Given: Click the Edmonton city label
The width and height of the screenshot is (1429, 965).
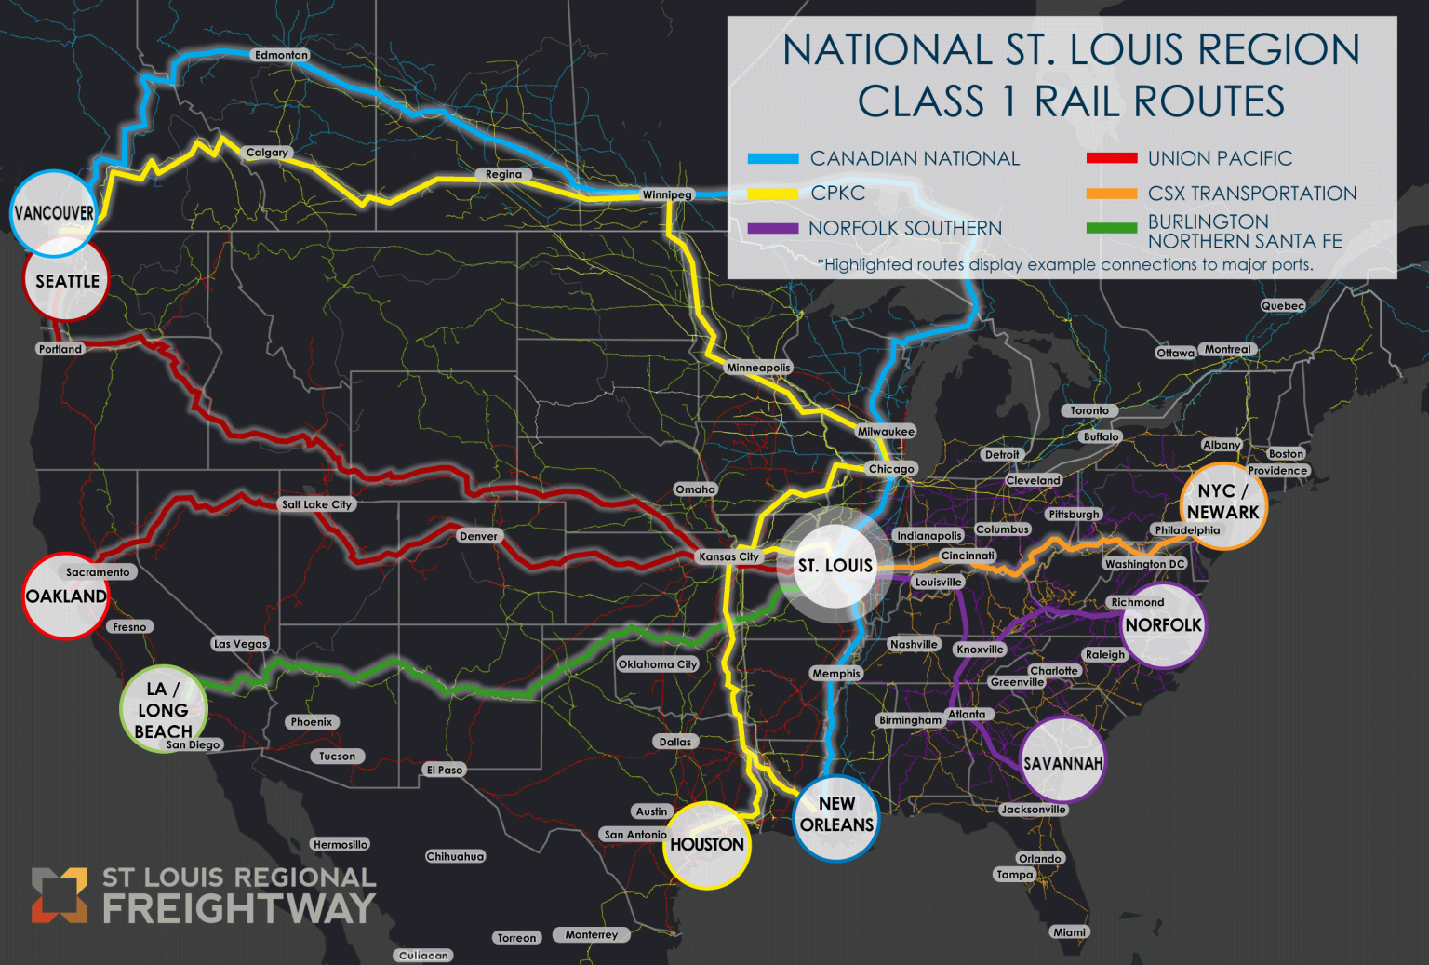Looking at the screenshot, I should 281,55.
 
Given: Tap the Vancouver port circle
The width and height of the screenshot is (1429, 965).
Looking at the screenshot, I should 54,213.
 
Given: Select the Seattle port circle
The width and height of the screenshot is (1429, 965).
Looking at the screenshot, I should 66,280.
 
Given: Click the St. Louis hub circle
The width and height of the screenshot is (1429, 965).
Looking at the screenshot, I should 835,565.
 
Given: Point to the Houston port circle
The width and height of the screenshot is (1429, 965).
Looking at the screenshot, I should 707,844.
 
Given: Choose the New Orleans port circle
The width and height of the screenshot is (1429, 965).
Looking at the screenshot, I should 836,816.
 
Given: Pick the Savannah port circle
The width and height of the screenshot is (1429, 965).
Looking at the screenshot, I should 1062,762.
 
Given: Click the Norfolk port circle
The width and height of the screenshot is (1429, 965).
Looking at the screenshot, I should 1163,625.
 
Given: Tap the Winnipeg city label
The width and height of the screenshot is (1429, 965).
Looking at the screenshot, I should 667,194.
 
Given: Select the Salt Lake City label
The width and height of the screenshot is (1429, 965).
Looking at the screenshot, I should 316,504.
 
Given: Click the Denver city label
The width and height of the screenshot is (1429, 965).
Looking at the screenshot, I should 478,536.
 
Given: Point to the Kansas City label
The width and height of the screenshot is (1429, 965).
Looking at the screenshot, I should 728,556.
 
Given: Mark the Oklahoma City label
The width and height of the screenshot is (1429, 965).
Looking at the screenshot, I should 658,664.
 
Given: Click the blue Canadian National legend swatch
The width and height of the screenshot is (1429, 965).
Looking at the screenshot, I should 773,158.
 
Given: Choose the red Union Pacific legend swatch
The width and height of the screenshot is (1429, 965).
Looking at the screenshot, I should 1111,158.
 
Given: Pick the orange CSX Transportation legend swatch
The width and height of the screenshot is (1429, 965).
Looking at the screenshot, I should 1111,194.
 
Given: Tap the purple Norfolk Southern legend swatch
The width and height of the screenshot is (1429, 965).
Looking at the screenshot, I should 773,228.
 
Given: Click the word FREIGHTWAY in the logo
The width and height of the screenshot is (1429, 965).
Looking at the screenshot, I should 239,908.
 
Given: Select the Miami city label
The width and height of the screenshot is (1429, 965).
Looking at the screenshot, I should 1069,931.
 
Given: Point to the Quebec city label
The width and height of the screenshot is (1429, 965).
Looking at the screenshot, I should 1282,305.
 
